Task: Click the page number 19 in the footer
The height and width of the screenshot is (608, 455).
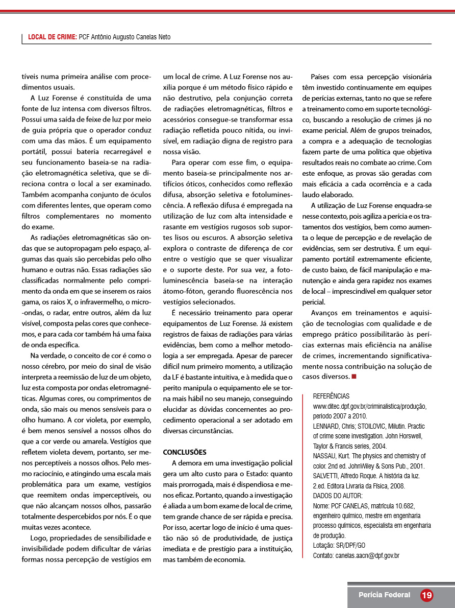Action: (426, 595)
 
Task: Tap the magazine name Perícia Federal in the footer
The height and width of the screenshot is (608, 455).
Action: (384, 595)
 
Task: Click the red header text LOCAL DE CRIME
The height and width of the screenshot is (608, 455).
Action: (53, 37)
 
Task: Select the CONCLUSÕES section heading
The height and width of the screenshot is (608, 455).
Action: (185, 452)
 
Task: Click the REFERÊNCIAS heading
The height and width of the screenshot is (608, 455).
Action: (331, 396)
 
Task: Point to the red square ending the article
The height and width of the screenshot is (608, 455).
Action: (353, 377)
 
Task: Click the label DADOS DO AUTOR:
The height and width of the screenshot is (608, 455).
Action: (338, 496)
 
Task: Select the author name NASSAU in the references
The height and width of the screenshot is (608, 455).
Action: (325, 456)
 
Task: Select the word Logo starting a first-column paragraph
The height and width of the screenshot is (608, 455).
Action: (38, 538)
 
